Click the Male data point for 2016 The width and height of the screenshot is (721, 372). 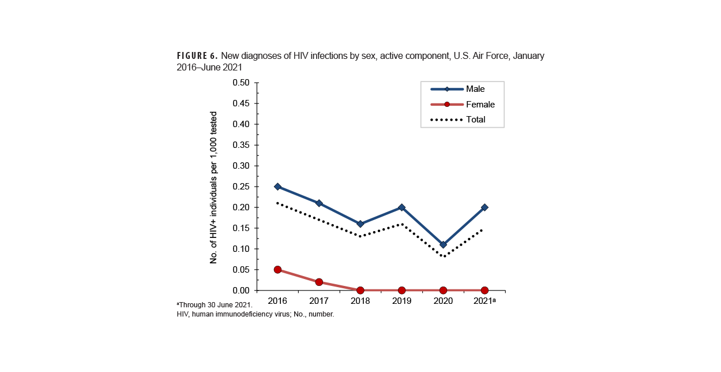click(277, 187)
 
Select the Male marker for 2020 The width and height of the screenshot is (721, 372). click(443, 244)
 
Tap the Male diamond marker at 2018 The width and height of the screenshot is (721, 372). click(360, 224)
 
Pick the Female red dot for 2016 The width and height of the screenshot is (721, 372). click(277, 270)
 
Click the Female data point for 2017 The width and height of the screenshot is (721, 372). click(319, 282)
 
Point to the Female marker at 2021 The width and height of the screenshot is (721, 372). click(485, 290)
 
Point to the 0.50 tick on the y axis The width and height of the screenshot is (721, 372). click(241, 83)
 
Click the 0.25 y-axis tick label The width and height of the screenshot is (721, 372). click(241, 187)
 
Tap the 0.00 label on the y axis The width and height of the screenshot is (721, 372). click(241, 291)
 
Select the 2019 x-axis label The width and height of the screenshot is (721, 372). click(401, 302)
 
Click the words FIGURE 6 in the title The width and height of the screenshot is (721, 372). click(197, 56)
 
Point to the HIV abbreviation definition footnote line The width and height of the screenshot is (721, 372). click(255, 314)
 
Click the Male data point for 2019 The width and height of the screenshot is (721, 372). click(401, 207)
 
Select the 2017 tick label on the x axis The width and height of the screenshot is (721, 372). click(319, 302)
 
